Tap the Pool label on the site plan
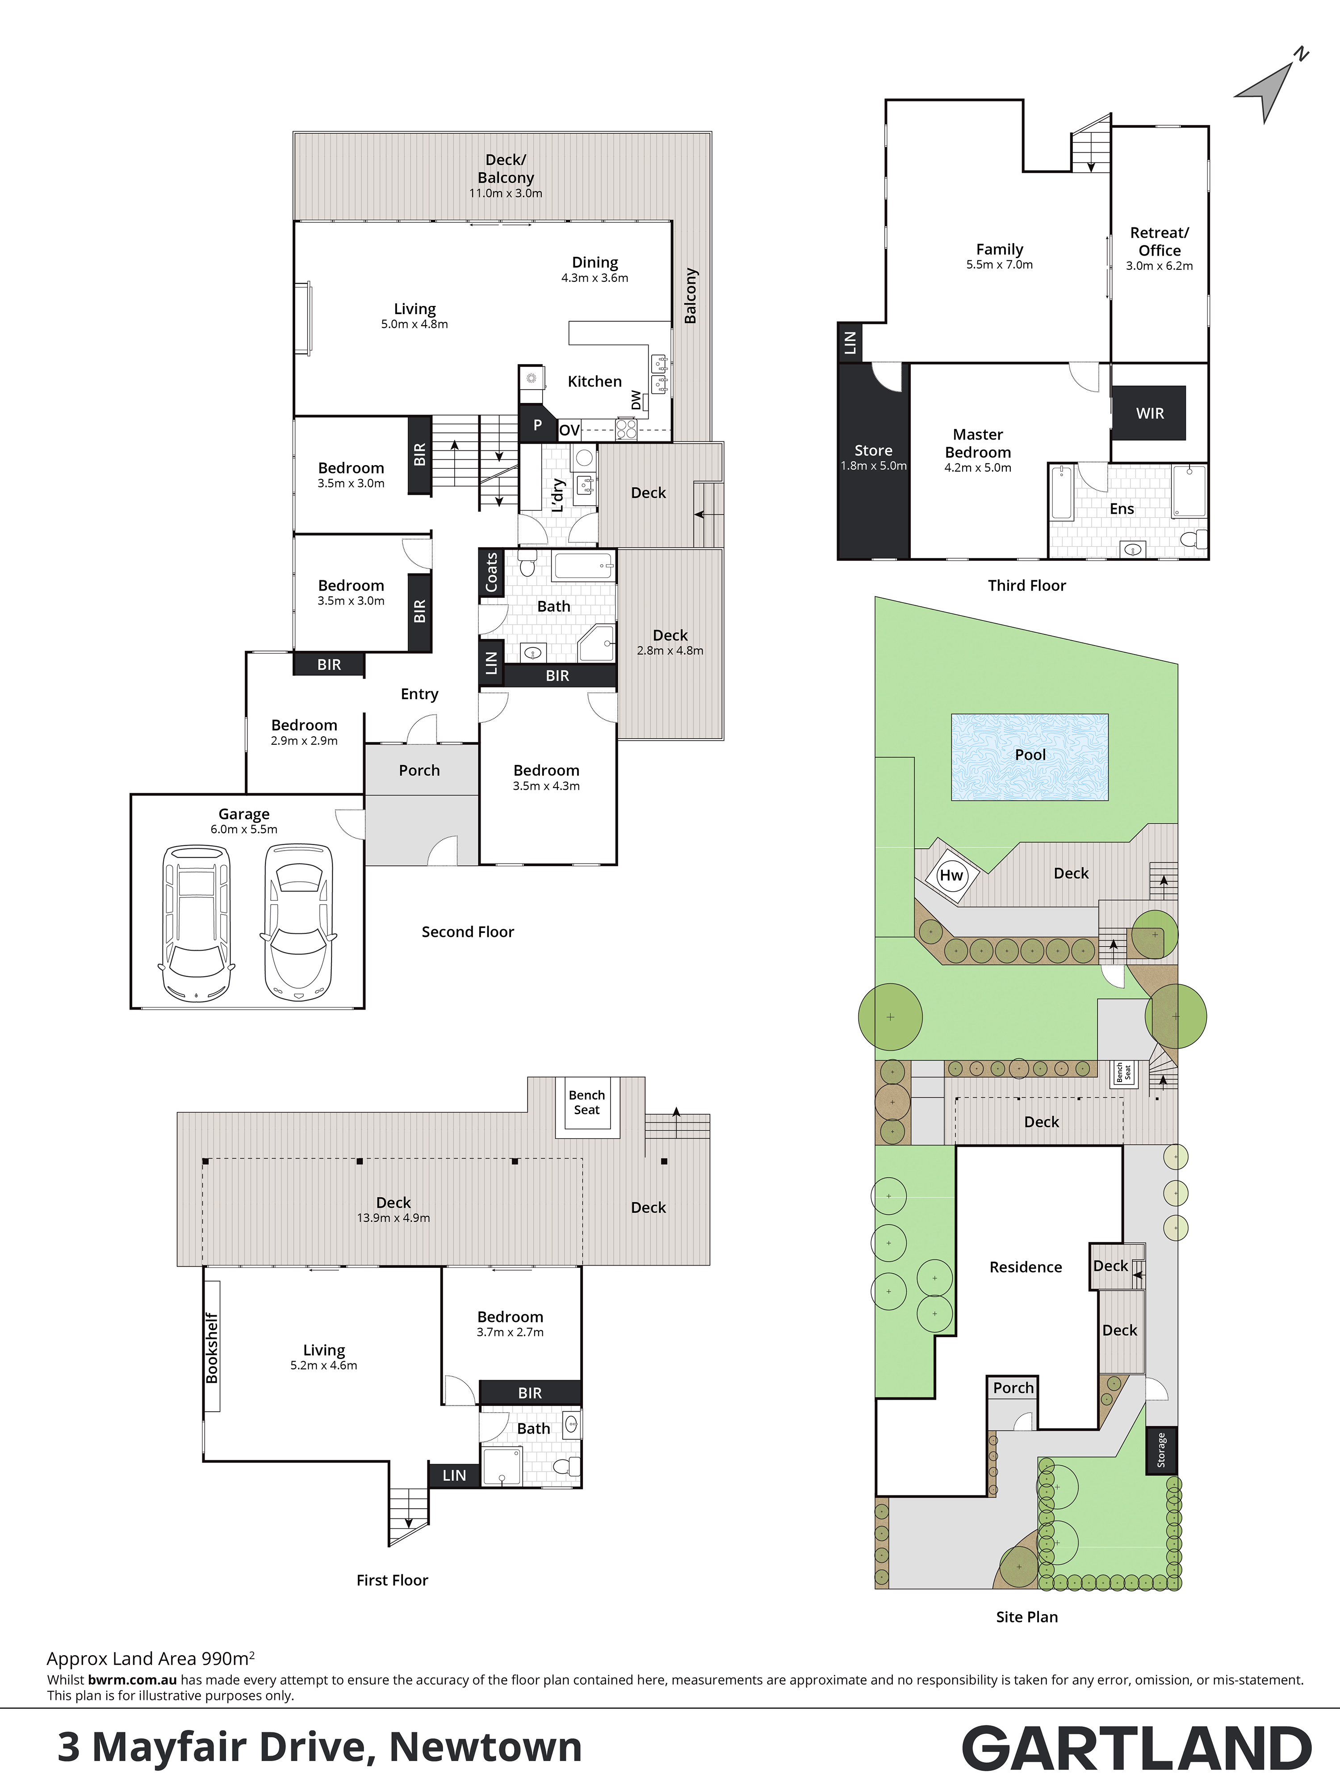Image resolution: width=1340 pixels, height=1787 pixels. [x=1030, y=755]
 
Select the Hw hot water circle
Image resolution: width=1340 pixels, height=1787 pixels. [x=951, y=875]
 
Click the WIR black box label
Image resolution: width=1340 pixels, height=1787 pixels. [x=1149, y=413]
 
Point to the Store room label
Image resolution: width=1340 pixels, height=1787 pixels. [x=873, y=450]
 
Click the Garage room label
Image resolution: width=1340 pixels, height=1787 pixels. [x=244, y=814]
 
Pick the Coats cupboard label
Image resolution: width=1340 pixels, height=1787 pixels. [x=491, y=572]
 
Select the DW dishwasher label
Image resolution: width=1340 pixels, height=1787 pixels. [x=636, y=400]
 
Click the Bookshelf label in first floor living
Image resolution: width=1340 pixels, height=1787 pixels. [x=212, y=1347]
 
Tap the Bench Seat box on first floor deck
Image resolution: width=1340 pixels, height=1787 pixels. [x=586, y=1102]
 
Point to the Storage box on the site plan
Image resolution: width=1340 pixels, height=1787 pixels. [x=1161, y=1449]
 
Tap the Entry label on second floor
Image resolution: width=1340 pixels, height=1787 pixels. [x=419, y=694]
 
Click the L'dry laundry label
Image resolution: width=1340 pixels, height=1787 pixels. [x=557, y=495]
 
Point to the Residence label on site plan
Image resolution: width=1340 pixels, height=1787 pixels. [x=1026, y=1267]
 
